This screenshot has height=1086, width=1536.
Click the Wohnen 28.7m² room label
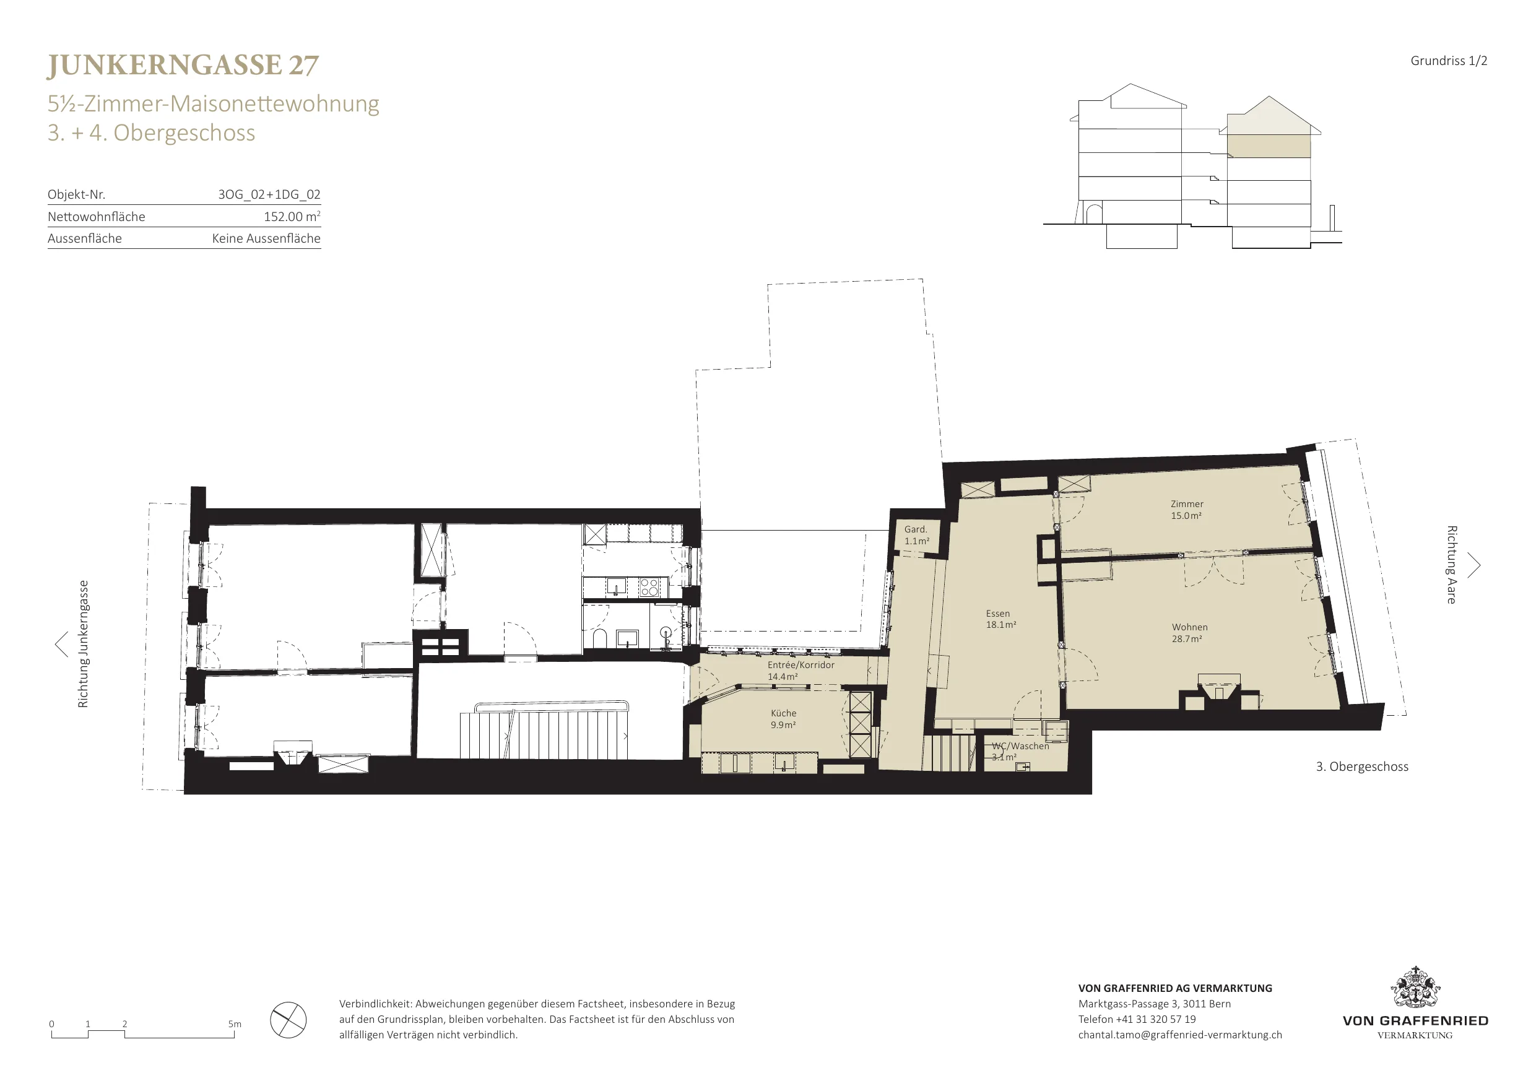[1189, 633]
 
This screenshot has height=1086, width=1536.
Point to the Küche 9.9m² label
[783, 719]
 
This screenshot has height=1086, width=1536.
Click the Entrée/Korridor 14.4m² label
[801, 671]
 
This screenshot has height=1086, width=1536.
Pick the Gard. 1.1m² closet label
[916, 534]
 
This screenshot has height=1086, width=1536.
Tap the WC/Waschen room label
[1020, 745]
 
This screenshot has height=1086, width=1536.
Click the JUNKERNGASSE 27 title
[183, 66]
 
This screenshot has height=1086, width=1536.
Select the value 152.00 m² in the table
[292, 216]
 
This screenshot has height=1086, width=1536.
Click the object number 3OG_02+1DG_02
[269, 194]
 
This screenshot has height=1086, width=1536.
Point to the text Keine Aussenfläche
[266, 238]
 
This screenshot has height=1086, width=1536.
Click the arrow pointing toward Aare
[1475, 565]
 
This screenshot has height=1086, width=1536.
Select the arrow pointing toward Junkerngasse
[61, 645]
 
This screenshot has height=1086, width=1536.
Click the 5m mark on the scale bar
[234, 1023]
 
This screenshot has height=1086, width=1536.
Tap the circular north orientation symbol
[289, 1020]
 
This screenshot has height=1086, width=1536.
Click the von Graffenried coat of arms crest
[1415, 987]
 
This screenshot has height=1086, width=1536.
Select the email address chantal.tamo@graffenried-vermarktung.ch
[1180, 1035]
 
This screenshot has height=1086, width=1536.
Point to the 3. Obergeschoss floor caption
[1362, 767]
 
